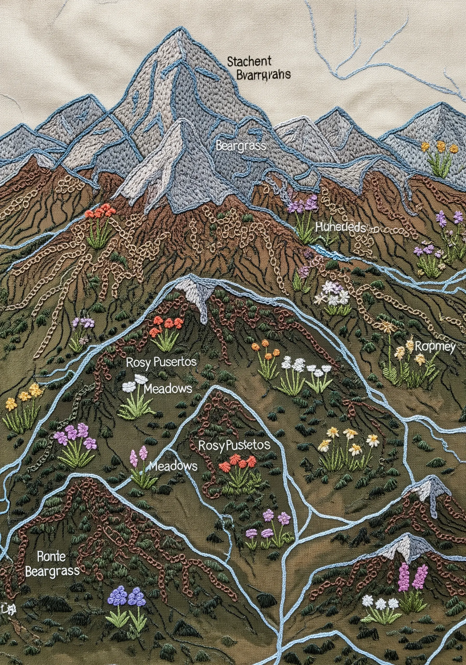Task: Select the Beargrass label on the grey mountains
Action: pos(241,146)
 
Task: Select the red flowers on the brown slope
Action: pos(99,214)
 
